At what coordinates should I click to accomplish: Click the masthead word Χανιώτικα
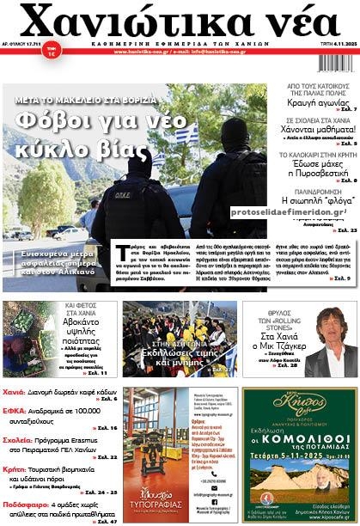point(129,23)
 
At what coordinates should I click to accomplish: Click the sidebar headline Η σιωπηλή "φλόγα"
point(320,200)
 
